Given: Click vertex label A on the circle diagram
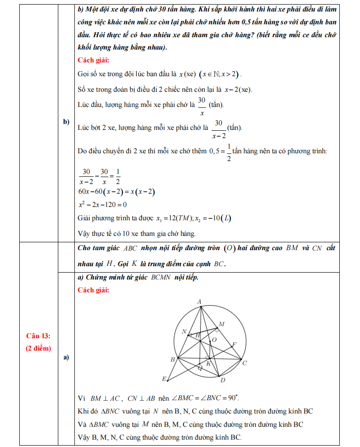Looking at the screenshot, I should (200, 302).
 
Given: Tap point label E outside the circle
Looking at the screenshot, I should (164, 379).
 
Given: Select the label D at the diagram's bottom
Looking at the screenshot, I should (223, 380).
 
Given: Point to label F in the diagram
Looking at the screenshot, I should (234, 344).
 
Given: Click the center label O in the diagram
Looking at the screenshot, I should (213, 340).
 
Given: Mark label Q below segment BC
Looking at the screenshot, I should (199, 368).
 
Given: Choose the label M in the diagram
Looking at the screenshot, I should (221, 324).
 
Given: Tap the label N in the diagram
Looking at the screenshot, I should (184, 331).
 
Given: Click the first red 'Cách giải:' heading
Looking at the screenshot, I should (94, 60).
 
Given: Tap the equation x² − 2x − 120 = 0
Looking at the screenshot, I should (102, 204).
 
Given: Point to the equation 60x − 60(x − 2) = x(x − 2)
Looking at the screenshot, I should (116, 192).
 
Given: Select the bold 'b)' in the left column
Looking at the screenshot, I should (66, 122).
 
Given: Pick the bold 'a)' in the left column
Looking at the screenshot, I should (66, 357).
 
